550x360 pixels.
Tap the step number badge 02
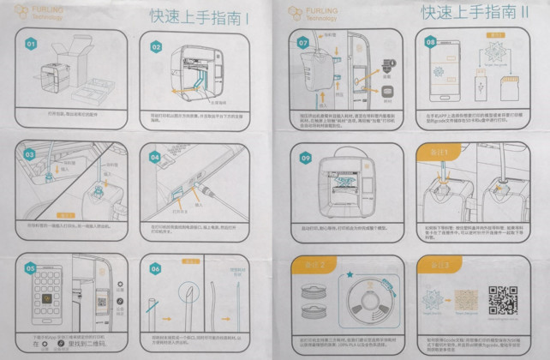pos(157,47)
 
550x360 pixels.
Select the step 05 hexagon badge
pos(32,267)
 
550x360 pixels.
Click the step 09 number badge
pos(306,158)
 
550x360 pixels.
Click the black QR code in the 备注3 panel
pos(503,301)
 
